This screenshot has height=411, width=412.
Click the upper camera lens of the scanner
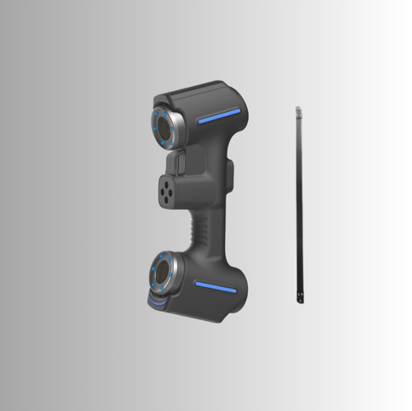coord(163,127)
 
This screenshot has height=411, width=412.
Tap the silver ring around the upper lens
coord(175,128)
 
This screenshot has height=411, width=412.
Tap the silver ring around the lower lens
coord(174,274)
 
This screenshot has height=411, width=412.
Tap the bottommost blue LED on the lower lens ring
coord(162,290)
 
